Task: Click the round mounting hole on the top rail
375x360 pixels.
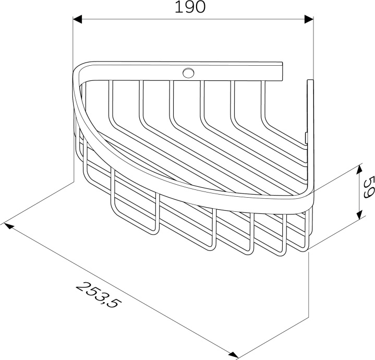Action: [188, 73]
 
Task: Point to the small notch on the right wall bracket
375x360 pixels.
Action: [306, 137]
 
